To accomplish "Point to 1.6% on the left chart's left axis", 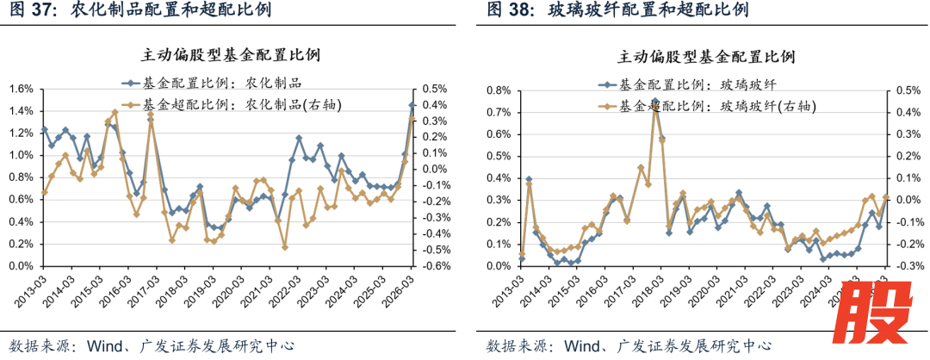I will point(20,89).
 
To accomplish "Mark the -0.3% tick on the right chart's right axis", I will point(908,266).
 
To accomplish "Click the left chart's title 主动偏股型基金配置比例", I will point(231,55).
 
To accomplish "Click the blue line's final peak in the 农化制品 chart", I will point(412,105).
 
